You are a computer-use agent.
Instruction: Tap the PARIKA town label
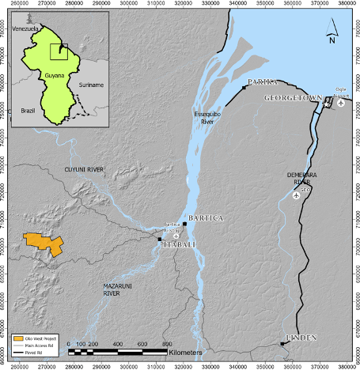click(x=260, y=82)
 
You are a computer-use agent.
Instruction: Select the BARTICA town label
click(x=203, y=217)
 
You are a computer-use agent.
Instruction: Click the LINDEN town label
click(x=297, y=338)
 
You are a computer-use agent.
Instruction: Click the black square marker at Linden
click(x=282, y=344)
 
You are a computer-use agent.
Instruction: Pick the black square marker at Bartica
click(x=184, y=224)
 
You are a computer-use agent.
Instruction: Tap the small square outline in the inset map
click(x=59, y=51)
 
